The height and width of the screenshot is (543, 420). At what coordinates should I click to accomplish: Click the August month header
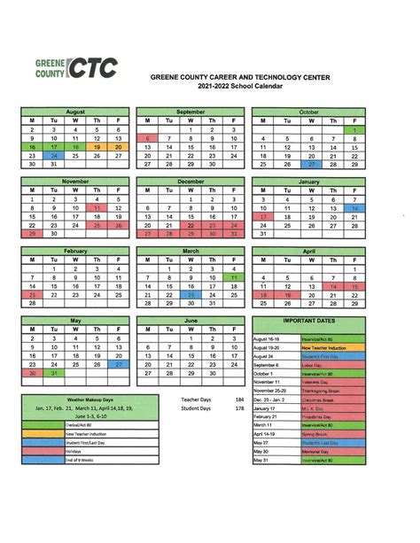click(x=75, y=112)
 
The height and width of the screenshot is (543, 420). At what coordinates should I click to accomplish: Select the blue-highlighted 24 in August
click(x=54, y=155)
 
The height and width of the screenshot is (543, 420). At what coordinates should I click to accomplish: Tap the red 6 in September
click(x=147, y=138)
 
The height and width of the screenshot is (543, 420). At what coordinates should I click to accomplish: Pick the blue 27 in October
click(x=310, y=164)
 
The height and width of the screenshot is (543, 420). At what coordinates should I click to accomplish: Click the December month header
click(x=191, y=181)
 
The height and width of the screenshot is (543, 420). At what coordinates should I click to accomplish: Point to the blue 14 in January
click(x=354, y=207)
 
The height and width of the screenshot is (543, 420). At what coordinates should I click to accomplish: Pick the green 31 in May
click(x=54, y=372)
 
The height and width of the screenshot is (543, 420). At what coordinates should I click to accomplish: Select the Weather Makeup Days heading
click(x=88, y=400)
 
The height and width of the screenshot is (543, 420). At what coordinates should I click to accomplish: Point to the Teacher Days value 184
click(x=239, y=399)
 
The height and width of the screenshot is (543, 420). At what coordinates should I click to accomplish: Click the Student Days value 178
click(x=239, y=408)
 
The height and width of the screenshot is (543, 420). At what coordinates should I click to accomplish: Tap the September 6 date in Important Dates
click(x=267, y=364)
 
